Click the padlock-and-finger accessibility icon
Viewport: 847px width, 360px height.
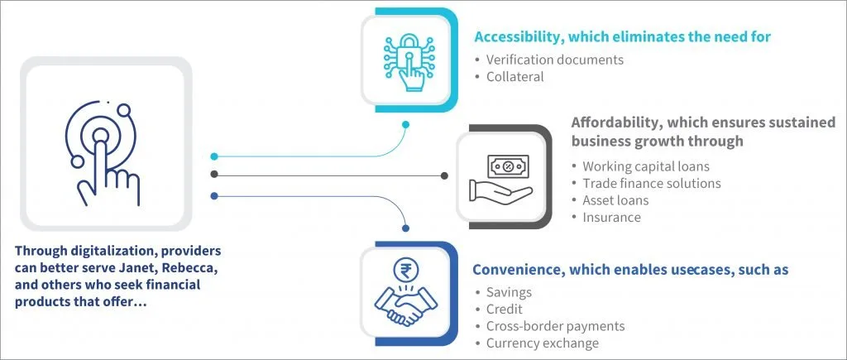[408, 60]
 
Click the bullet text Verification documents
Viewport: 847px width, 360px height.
[555, 60]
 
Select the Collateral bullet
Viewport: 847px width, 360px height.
[514, 77]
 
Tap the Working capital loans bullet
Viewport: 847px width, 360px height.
[645, 166]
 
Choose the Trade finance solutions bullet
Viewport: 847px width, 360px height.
[652, 183]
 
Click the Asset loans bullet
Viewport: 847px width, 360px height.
[615, 200]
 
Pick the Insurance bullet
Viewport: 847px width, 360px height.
[611, 218]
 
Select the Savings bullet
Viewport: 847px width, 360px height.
[509, 292]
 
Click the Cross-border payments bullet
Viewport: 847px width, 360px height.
[555, 327]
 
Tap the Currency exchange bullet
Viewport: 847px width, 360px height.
[543, 343]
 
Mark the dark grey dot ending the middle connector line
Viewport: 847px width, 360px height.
[444, 175]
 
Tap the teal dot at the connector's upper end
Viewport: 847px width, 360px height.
[405, 125]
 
